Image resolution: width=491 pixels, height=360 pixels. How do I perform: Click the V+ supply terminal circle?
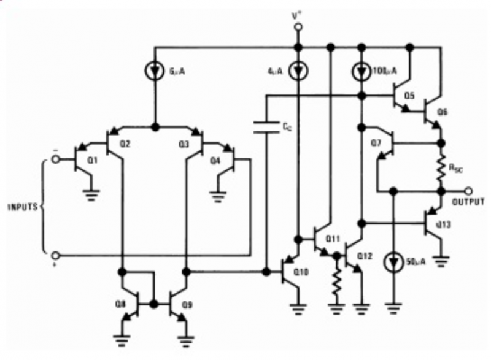click(298, 28)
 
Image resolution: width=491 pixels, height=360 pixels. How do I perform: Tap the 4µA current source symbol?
click(298, 72)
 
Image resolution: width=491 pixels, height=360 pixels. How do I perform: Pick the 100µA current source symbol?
click(361, 72)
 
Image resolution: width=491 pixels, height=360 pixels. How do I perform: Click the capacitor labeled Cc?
click(266, 128)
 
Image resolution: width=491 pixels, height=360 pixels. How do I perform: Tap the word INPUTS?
click(21, 207)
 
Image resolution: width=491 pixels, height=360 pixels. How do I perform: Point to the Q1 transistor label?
click(92, 161)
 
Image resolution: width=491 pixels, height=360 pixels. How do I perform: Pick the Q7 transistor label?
click(376, 144)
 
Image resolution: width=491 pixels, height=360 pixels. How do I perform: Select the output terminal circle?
click(469, 191)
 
